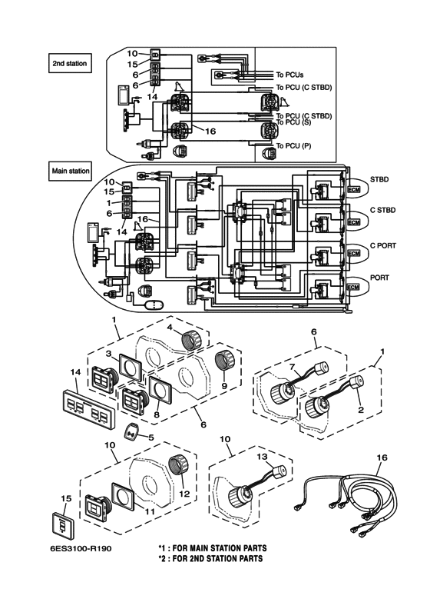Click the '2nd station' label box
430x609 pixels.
tap(70, 63)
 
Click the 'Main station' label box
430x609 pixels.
tap(70, 171)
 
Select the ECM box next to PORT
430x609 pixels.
tap(354, 287)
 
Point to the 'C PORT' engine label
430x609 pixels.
tap(383, 245)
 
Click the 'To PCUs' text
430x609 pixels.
tap(289, 74)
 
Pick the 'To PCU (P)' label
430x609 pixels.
tap(293, 145)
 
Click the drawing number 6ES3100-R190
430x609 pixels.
tap(81, 549)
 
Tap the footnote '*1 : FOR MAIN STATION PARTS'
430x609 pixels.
tap(213, 548)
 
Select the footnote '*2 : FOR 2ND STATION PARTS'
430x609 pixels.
tap(210, 558)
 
